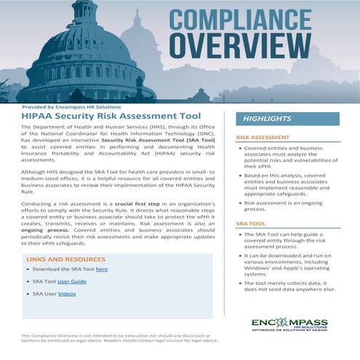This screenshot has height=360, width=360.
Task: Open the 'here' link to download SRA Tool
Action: click(102, 269)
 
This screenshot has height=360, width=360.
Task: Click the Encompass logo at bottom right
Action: click(289, 322)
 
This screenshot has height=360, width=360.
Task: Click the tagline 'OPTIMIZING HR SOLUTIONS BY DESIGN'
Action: click(289, 333)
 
